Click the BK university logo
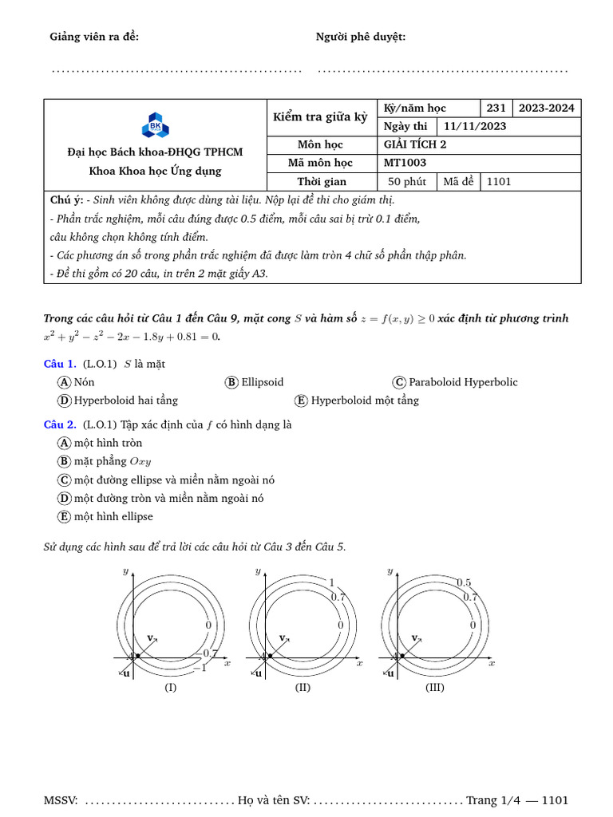pyautogui.click(x=155, y=125)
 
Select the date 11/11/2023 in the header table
pyautogui.click(x=474, y=126)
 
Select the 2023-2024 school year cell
pyautogui.click(x=546, y=108)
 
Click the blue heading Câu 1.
pyautogui.click(x=60, y=364)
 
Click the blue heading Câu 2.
pyautogui.click(x=60, y=424)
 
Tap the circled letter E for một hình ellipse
pyautogui.click(x=65, y=517)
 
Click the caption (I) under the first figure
pyautogui.click(x=170, y=687)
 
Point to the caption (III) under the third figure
pyautogui.click(x=434, y=687)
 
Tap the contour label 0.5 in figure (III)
pyautogui.click(x=464, y=582)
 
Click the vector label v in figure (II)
pyautogui.click(x=282, y=637)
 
